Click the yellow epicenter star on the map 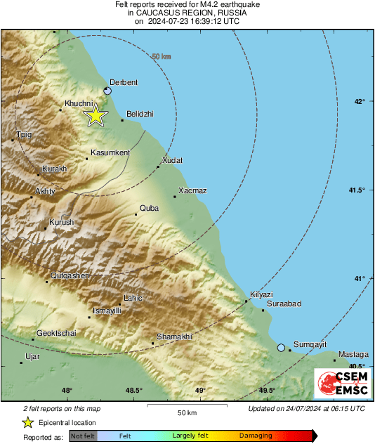(96, 116)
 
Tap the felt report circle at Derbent (107, 91)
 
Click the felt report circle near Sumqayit (281, 348)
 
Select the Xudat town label (172, 161)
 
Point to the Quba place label (150, 208)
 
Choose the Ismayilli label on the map (107, 311)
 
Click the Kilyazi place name (261, 294)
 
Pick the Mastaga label (352, 354)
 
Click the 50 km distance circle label (162, 56)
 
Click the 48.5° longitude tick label (134, 391)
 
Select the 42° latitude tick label (359, 101)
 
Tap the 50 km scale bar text (186, 412)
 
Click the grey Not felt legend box (83, 436)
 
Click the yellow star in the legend (27, 422)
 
